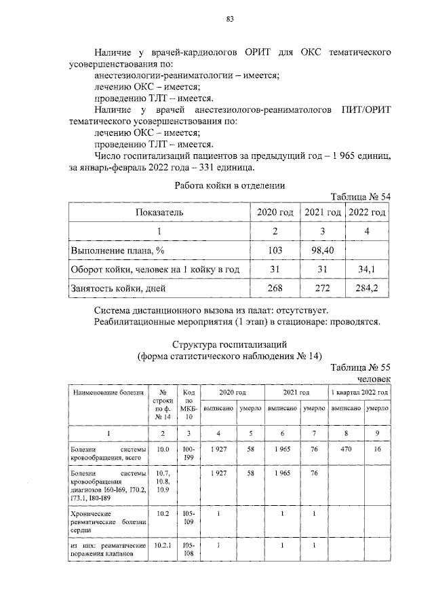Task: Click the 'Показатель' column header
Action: tap(159, 213)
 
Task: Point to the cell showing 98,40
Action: tap(322, 251)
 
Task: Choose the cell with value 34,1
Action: tap(368, 270)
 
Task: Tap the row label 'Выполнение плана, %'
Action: tap(118, 251)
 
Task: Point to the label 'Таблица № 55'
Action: tap(361, 368)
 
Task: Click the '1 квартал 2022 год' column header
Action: tap(359, 392)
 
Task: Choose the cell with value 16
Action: tap(377, 449)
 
